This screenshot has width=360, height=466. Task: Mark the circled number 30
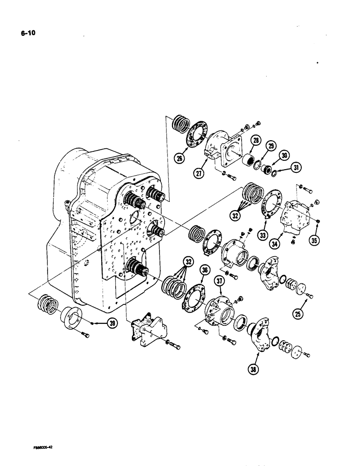click(x=284, y=156)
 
